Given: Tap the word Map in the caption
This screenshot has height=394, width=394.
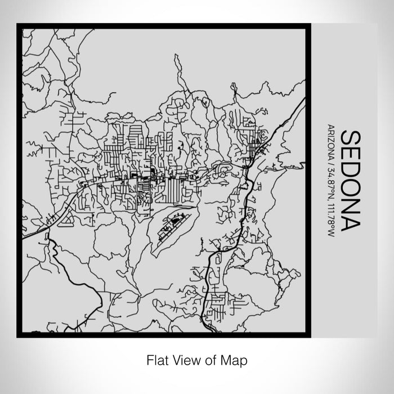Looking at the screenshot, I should (x=236, y=359).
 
